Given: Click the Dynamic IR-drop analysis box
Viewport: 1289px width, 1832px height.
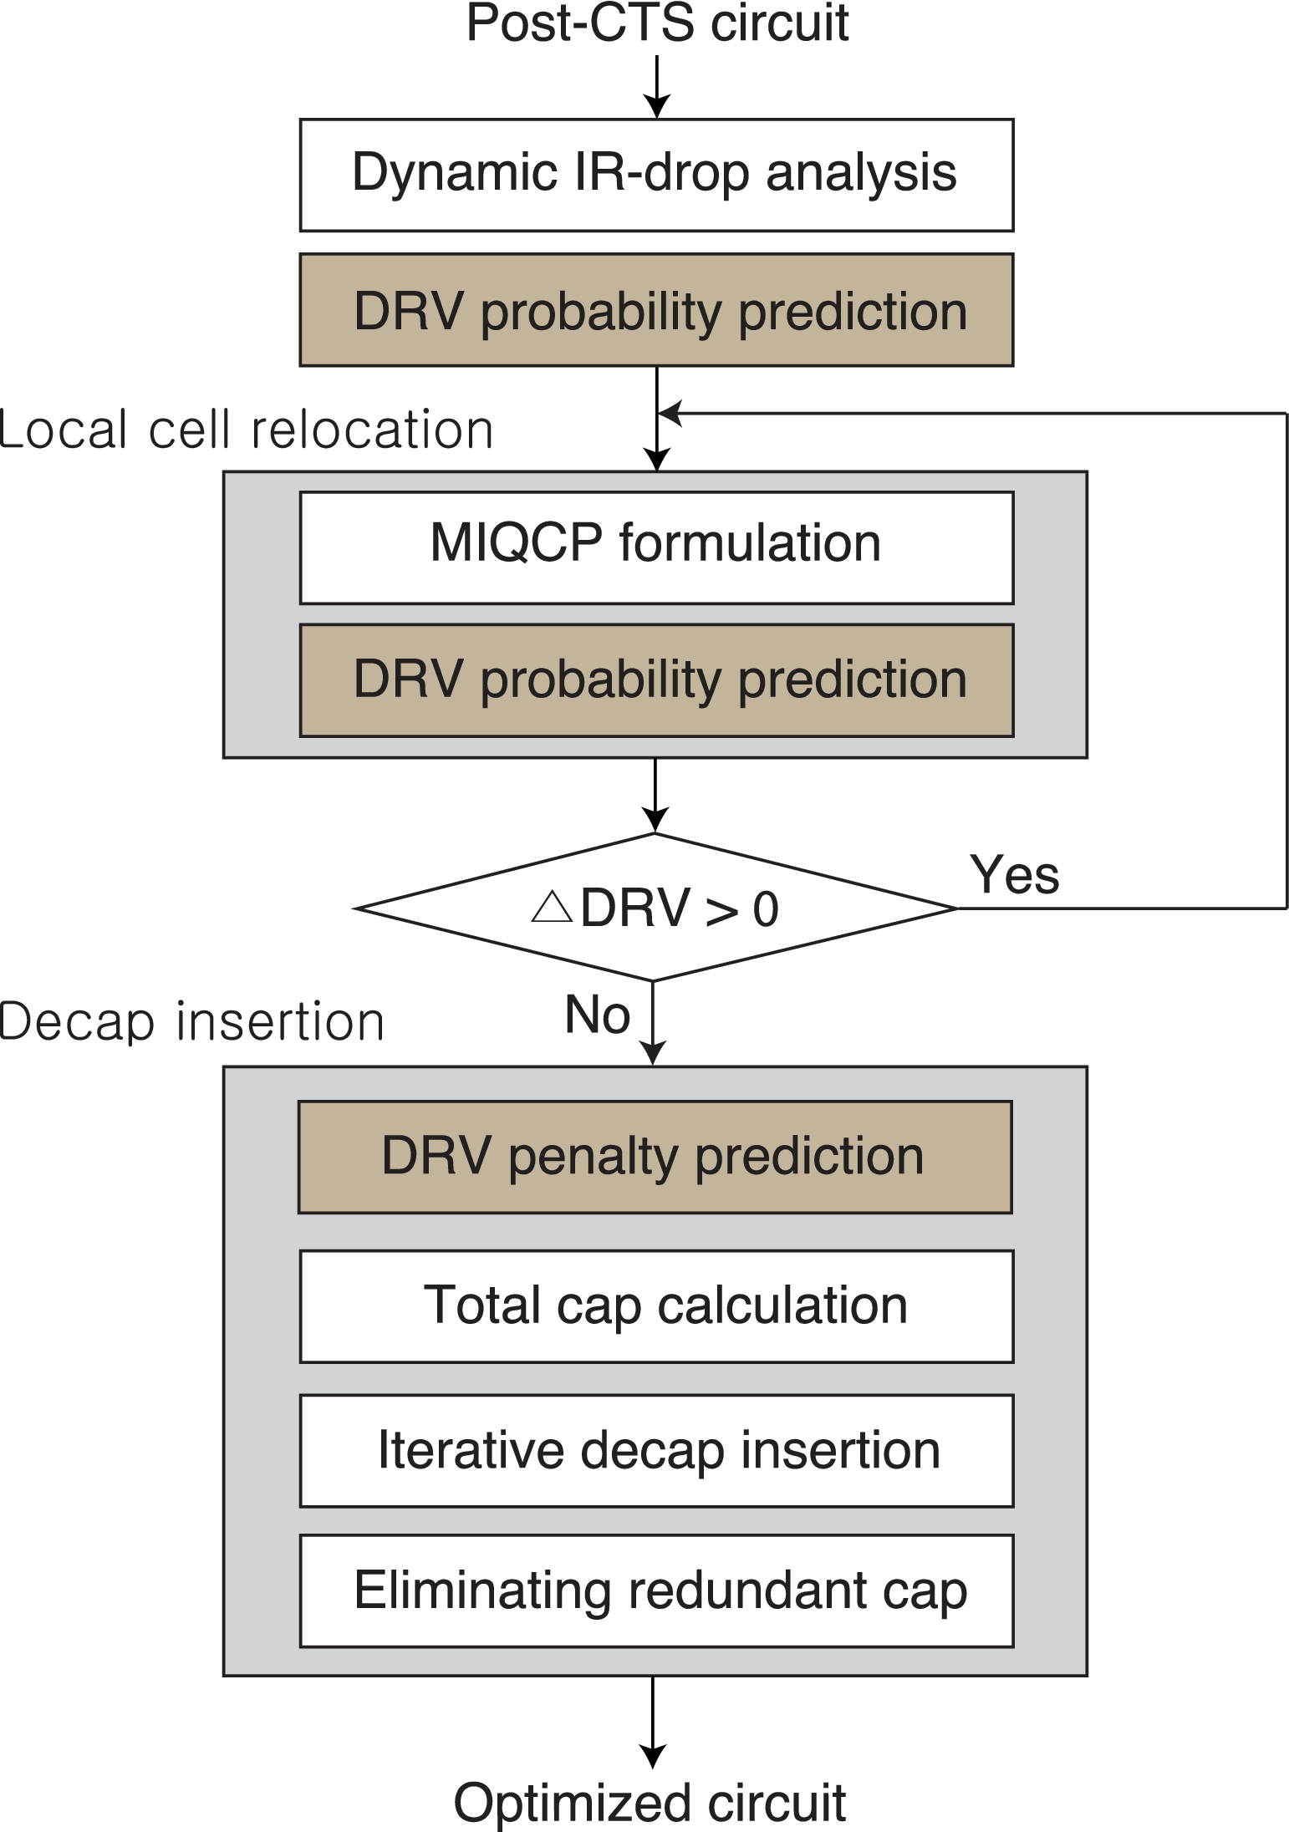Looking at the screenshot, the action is tap(656, 175).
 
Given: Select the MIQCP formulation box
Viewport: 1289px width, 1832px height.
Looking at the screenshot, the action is tap(656, 547).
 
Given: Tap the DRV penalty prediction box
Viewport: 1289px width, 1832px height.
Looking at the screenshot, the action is tap(655, 1157).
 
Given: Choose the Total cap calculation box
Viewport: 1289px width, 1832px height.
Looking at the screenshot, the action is tap(656, 1306).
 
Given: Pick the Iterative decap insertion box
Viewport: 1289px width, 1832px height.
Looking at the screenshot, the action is tap(656, 1451).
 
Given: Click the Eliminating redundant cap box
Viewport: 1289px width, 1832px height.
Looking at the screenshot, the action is tap(656, 1590).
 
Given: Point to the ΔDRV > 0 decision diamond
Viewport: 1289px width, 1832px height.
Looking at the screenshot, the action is tap(655, 908).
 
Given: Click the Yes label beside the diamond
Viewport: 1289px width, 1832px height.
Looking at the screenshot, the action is tap(1014, 875).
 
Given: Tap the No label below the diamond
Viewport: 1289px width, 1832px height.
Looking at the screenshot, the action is tap(597, 1015).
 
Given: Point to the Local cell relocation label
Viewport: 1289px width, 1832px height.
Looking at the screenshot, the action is tap(246, 430).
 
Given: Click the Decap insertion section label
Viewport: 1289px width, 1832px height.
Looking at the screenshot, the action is tap(191, 1021).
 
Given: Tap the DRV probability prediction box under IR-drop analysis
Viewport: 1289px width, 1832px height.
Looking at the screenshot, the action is tap(656, 310).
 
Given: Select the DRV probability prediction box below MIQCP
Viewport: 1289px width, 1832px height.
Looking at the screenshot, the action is tap(656, 680).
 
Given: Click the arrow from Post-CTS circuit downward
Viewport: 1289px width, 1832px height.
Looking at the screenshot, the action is tap(657, 87).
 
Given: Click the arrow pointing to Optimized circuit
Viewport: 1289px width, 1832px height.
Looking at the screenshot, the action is tap(653, 1723).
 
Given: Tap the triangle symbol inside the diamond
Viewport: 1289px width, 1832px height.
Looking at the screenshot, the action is tap(552, 906).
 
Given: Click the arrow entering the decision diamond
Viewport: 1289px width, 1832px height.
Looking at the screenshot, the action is tap(655, 796).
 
